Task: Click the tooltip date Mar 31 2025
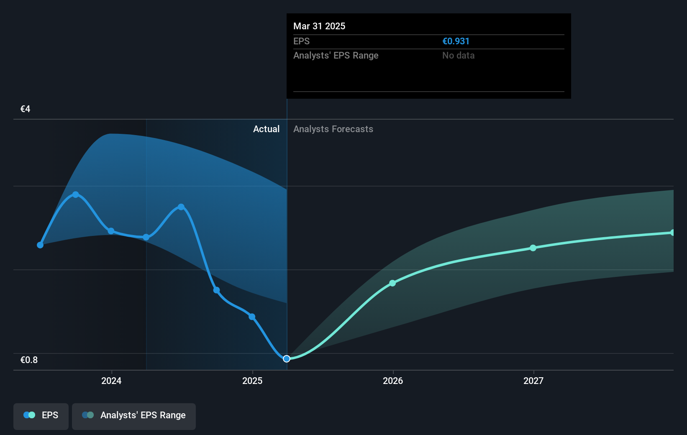[x=319, y=26]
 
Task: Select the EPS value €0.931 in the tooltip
[x=456, y=41]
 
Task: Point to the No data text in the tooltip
[x=458, y=55]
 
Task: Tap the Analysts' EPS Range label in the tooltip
[x=336, y=55]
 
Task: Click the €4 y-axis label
[x=25, y=109]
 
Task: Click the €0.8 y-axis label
[x=29, y=360]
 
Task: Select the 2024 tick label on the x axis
[x=111, y=381]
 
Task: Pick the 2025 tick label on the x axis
[x=252, y=381]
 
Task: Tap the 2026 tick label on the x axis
[x=393, y=381]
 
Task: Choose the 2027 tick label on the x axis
[x=533, y=381]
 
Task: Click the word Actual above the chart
[x=266, y=129]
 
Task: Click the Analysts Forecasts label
[x=333, y=129]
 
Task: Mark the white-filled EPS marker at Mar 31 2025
[x=287, y=358]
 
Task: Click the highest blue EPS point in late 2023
[x=76, y=194]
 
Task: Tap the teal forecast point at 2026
[x=392, y=283]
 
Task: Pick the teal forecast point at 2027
[x=533, y=248]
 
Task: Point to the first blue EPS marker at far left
[x=40, y=245]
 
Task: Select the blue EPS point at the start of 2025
[x=252, y=317]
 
